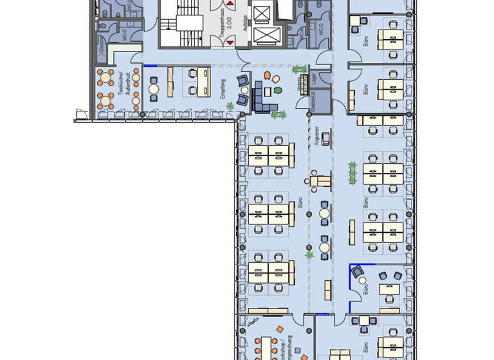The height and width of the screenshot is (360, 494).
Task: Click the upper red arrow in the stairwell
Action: point(229,4)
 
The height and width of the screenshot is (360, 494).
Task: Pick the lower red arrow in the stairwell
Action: point(229,41)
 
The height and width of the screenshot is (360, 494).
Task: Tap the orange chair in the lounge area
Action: point(275,78)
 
